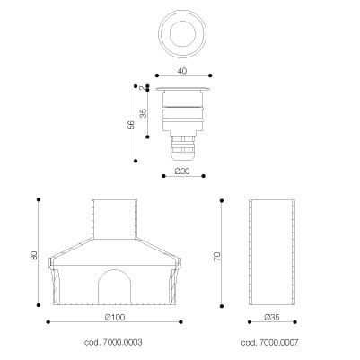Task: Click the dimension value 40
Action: click(x=182, y=71)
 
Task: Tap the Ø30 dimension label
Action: click(x=182, y=171)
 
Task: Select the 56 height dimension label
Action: click(x=131, y=125)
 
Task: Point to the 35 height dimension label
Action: click(x=144, y=113)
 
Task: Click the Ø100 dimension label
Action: click(x=115, y=317)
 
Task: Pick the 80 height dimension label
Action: click(x=34, y=255)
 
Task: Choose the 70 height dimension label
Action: click(x=217, y=257)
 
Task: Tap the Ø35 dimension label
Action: click(x=272, y=318)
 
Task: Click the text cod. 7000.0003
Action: click(x=113, y=342)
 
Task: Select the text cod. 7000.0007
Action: click(x=269, y=342)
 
